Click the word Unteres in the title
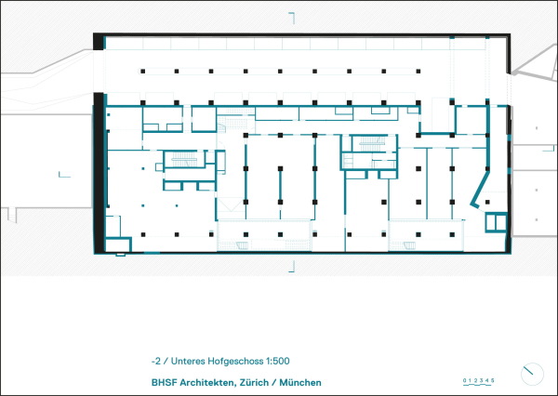click(x=188, y=361)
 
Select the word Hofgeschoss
click(x=235, y=362)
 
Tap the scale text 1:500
click(x=277, y=361)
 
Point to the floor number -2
click(x=156, y=361)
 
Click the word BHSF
click(x=164, y=382)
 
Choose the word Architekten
click(x=206, y=382)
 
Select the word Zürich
click(x=254, y=382)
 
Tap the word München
click(x=300, y=382)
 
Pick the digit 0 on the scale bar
click(x=464, y=381)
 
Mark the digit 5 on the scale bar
click(x=493, y=381)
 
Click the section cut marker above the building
click(x=292, y=19)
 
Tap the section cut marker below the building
click(x=292, y=266)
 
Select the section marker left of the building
click(x=64, y=175)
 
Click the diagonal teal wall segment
click(x=481, y=190)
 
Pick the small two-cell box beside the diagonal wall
click(x=496, y=222)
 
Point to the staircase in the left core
click(x=184, y=159)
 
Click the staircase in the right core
click(x=372, y=144)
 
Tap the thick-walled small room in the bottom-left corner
click(x=118, y=244)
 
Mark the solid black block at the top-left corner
click(x=99, y=42)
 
